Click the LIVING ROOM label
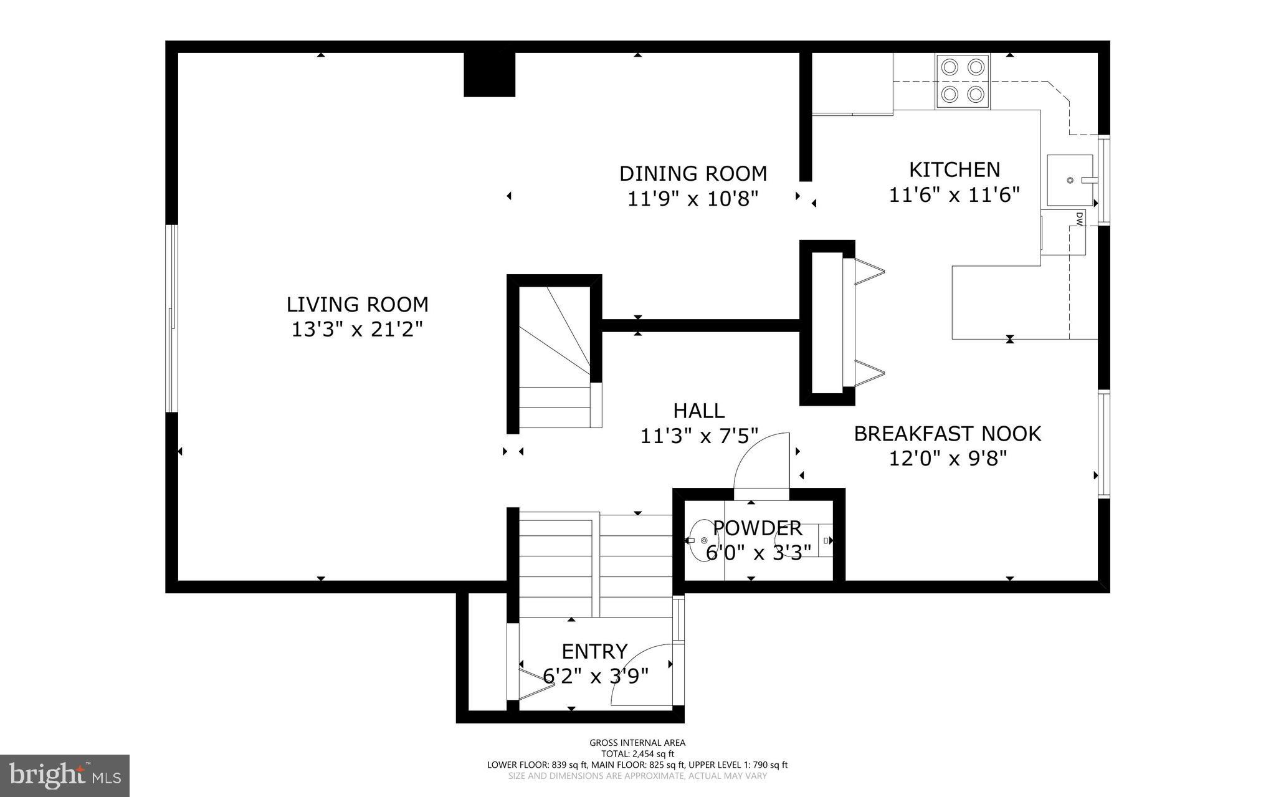point(357,305)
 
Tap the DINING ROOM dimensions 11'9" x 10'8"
point(693,199)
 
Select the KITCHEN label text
point(954,169)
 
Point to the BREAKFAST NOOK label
point(947,434)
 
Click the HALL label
point(698,411)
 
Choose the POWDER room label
point(757,528)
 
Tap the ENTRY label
point(594,651)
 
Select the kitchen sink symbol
point(1070,180)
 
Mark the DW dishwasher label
point(1078,217)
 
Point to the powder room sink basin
point(703,540)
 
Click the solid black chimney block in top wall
point(489,74)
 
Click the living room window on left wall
point(171,318)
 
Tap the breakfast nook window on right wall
point(1103,444)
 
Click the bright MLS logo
point(65,775)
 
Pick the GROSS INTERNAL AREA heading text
point(637,743)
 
